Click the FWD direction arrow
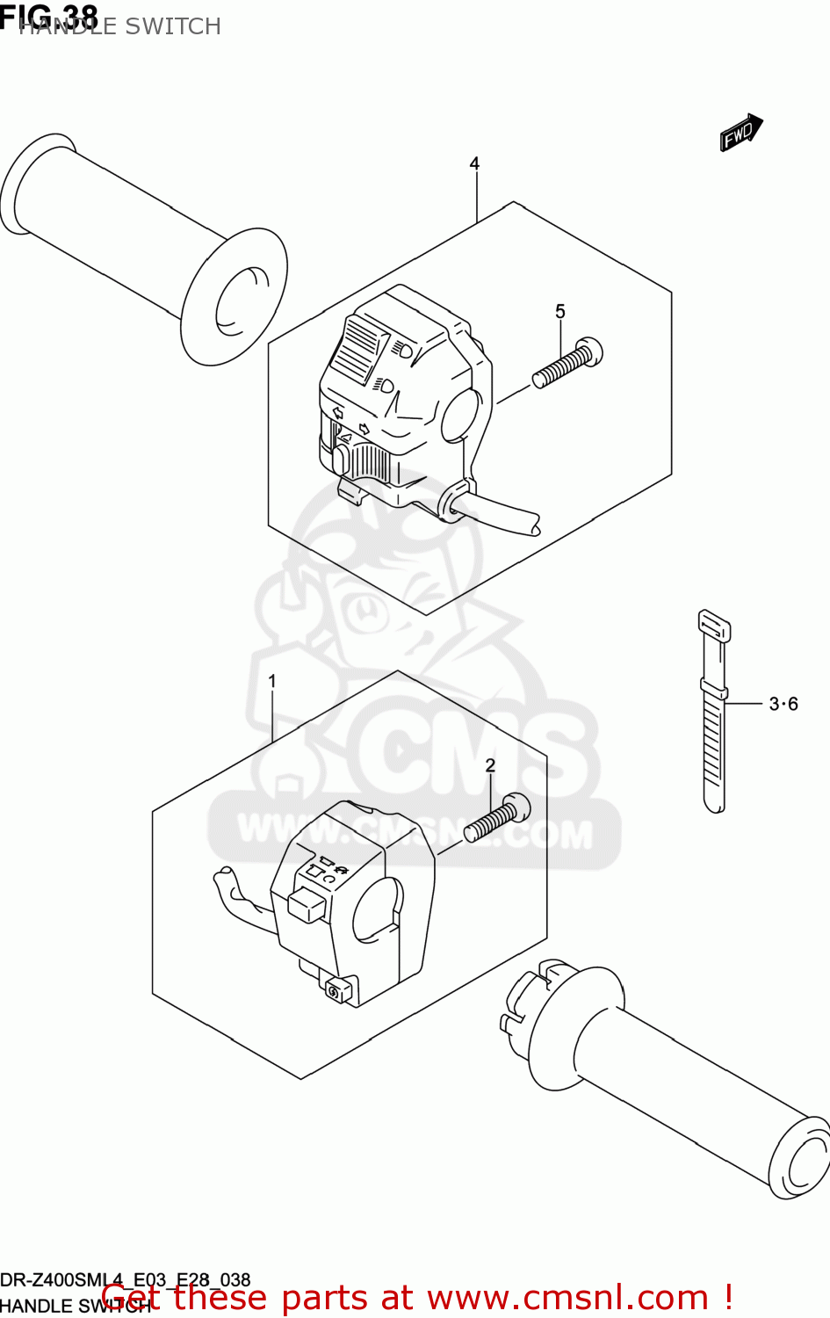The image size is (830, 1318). [x=740, y=134]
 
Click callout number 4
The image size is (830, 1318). [x=474, y=163]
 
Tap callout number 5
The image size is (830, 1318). [x=560, y=312]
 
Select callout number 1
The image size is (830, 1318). [x=272, y=681]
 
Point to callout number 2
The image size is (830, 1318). [x=490, y=766]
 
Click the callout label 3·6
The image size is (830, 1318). [x=783, y=704]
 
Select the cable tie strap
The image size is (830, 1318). [x=714, y=712]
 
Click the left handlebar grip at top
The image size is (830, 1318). [x=145, y=246]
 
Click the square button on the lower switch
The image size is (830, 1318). [x=306, y=903]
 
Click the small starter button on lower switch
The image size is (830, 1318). [x=336, y=991]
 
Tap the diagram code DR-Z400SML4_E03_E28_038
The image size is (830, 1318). [x=126, y=1280]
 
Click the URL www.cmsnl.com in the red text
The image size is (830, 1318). [x=567, y=1298]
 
